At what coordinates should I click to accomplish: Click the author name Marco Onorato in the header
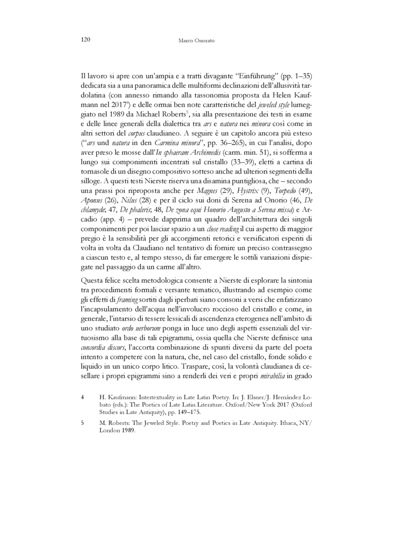click(196, 40)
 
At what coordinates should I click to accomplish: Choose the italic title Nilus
click(129, 215)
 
